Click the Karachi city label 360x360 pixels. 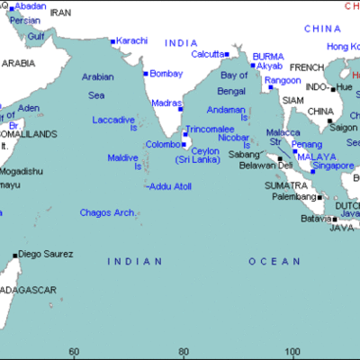130,41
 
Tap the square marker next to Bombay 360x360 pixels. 145,74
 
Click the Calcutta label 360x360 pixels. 208,54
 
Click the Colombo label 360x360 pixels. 163,144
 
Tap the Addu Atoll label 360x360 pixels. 171,185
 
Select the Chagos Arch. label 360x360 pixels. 107,213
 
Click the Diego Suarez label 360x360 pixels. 46,254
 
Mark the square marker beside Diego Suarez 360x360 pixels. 14,255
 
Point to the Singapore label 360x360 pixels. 332,166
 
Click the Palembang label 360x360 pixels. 293,196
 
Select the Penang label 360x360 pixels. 307,143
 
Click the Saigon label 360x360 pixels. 343,127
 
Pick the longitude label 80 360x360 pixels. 183,351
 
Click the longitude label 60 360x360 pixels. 74,351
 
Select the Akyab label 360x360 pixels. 269,66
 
